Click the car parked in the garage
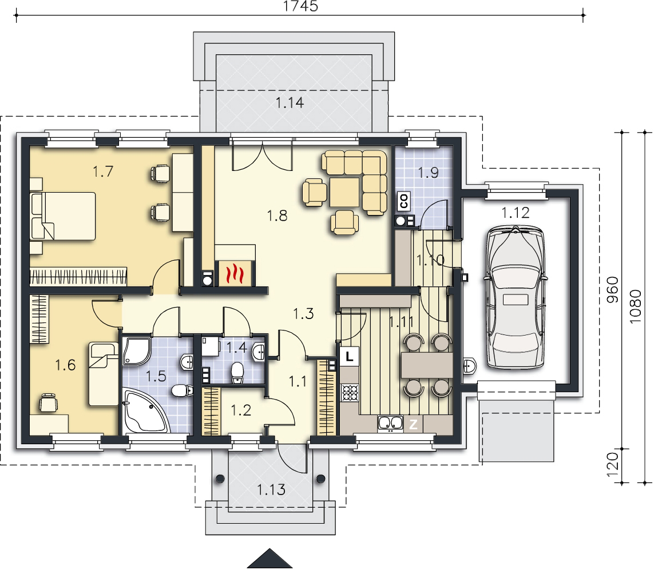pos(516,297)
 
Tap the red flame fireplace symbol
pos(234,273)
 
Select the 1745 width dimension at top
pos(300,6)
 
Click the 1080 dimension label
pos(635,306)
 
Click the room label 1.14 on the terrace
pos(290,102)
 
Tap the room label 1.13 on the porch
pos(271,489)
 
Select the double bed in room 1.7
pos(63,216)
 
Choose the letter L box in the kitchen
pos(350,356)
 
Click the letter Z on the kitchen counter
pos(413,425)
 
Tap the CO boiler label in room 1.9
pos(404,201)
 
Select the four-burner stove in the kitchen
pos(350,393)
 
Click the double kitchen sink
pos(390,422)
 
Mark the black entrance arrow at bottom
pos(270,559)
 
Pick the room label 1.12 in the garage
pos(516,213)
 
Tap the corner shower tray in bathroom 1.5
pos(137,351)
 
